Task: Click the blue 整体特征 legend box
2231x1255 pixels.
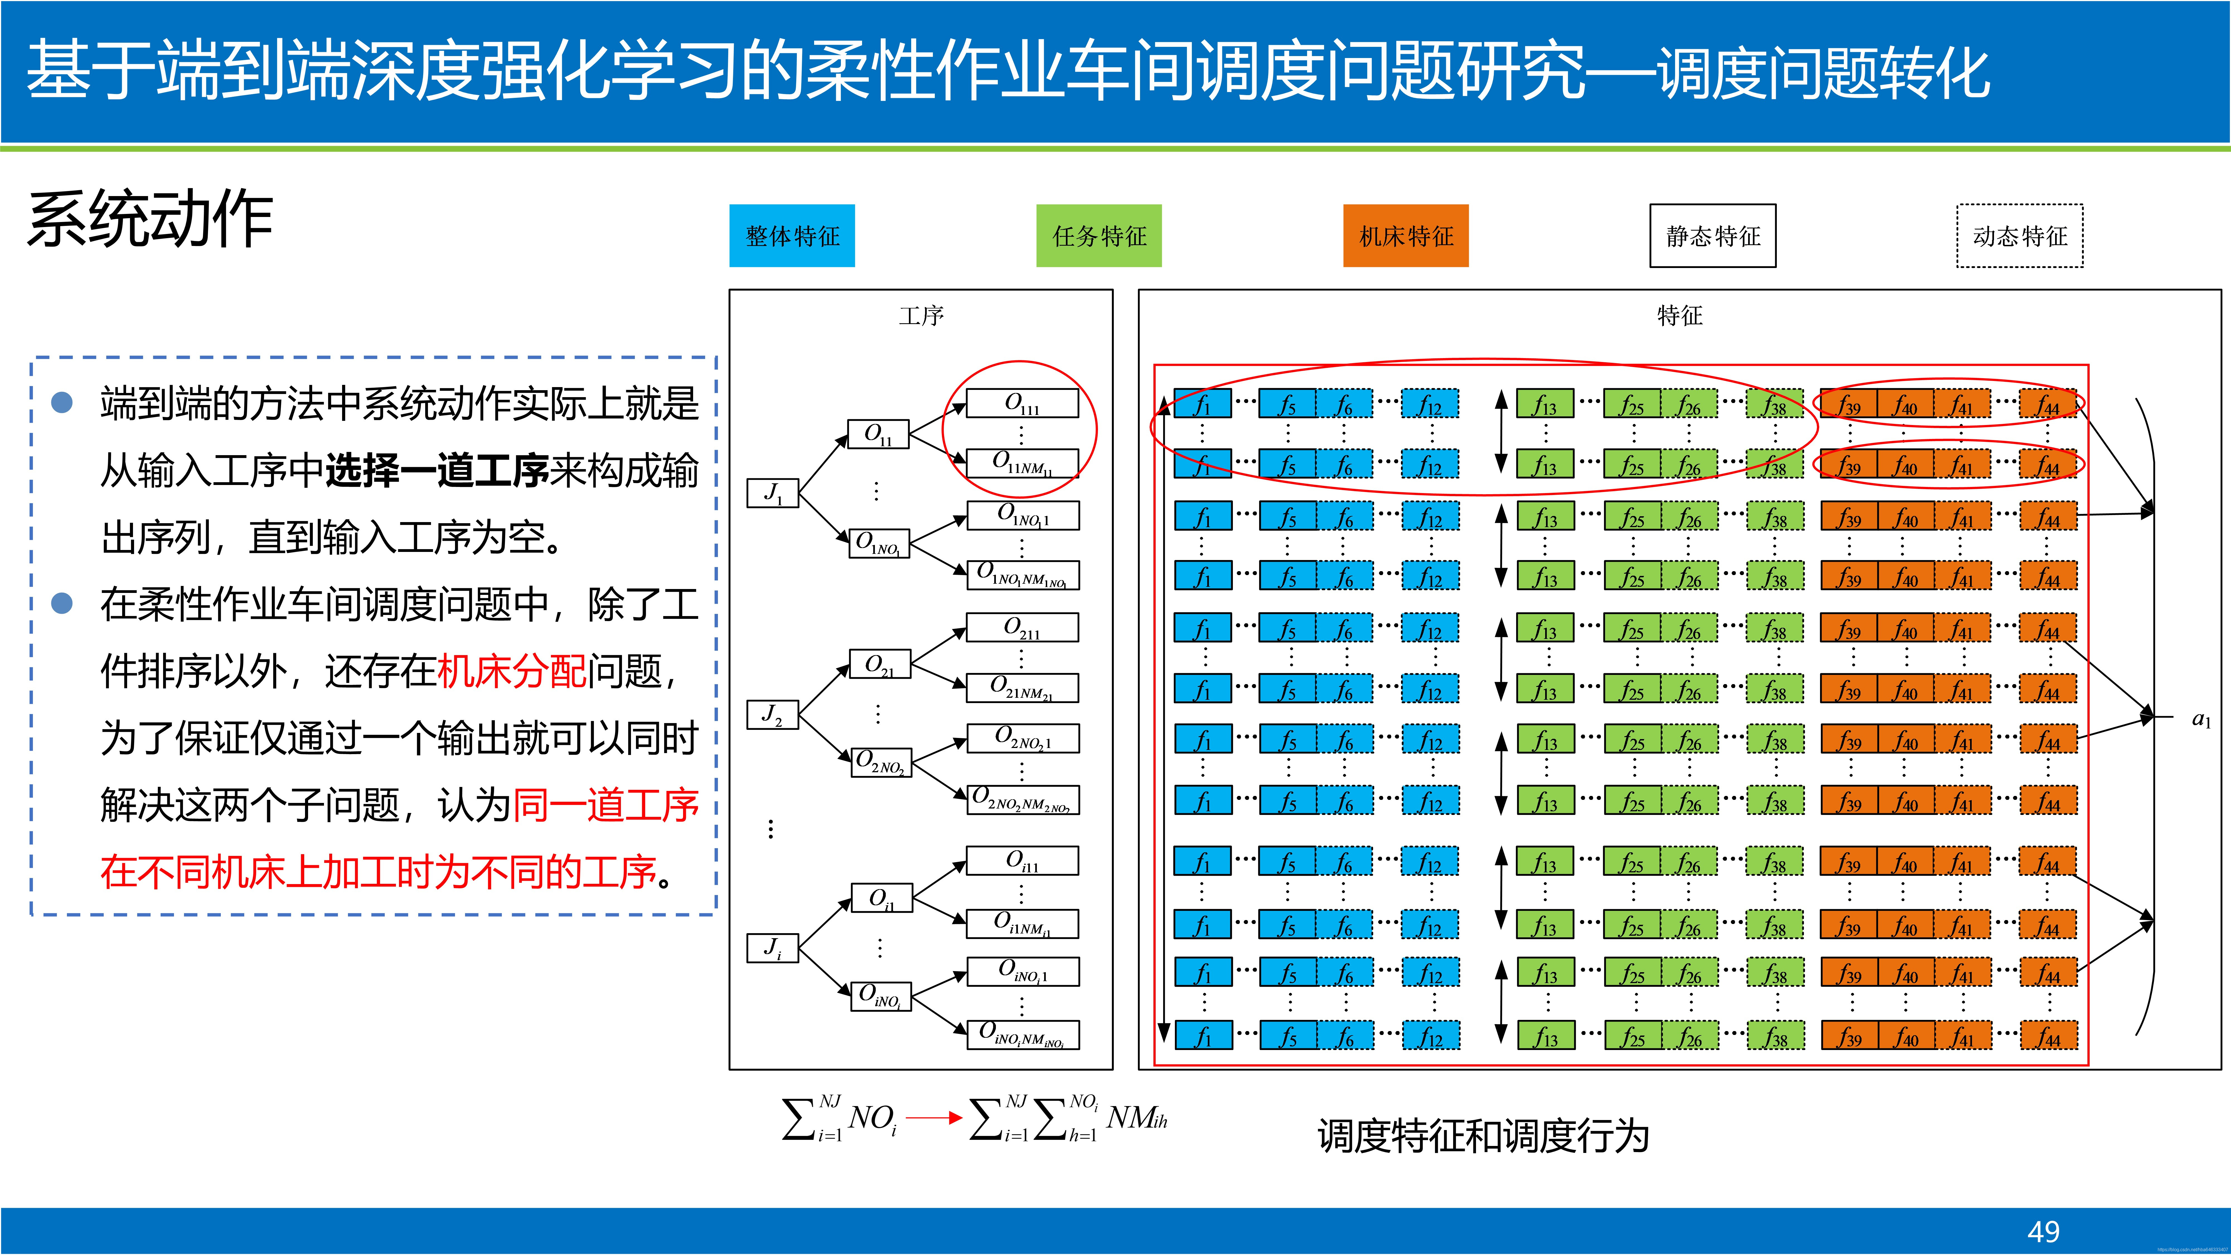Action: (792, 236)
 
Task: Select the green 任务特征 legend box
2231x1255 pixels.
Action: (1098, 236)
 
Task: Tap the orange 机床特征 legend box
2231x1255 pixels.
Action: (1406, 236)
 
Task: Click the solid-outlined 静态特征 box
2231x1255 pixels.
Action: (1712, 236)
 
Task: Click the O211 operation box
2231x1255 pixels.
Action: (1022, 627)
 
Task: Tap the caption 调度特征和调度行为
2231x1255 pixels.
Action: (1483, 1135)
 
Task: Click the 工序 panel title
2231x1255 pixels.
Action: (921, 315)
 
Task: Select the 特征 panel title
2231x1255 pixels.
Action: (1679, 315)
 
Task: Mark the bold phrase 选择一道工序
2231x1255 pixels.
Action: (437, 470)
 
